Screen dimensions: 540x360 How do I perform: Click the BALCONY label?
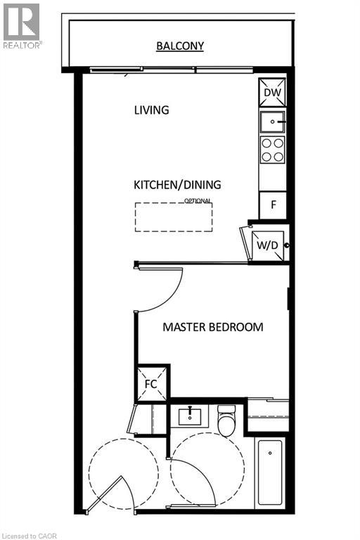pos(180,46)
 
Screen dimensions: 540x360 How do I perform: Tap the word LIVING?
pos(151,110)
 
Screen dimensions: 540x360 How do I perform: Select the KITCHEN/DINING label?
pos(177,185)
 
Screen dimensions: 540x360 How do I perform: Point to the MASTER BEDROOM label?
pos(213,327)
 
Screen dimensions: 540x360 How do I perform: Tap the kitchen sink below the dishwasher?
pos(272,122)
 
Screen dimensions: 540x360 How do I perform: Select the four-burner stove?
pos(273,149)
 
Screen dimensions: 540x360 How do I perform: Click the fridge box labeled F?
pos(272,206)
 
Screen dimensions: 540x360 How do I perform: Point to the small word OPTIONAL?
pos(198,200)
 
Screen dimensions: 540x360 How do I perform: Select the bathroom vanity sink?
pos(191,416)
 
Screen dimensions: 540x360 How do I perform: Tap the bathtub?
pos(271,472)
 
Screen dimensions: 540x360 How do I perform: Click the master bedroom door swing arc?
pos(169,295)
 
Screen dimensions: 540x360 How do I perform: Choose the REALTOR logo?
pos(21,25)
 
